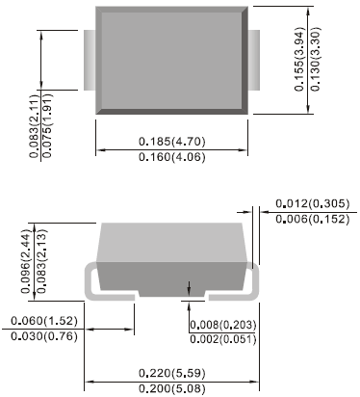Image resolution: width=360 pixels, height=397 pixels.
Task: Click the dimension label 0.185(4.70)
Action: point(172,141)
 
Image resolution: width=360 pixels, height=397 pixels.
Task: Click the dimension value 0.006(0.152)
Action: point(312,220)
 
